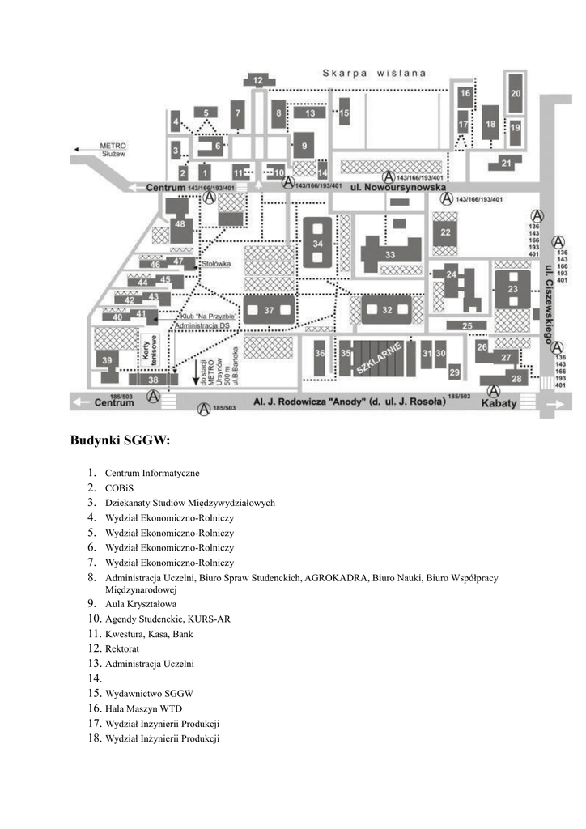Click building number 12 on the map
click(258, 80)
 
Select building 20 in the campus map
click(516, 94)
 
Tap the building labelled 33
click(390, 254)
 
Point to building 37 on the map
click(270, 311)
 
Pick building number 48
click(180, 223)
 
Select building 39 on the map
click(108, 359)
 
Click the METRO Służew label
click(113, 150)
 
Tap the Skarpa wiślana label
click(374, 73)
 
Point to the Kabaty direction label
click(500, 402)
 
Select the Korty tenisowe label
click(148, 346)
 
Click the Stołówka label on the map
click(217, 263)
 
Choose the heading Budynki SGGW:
click(120, 441)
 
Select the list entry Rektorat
click(121, 649)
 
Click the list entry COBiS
click(119, 488)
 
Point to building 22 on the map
click(445, 232)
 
